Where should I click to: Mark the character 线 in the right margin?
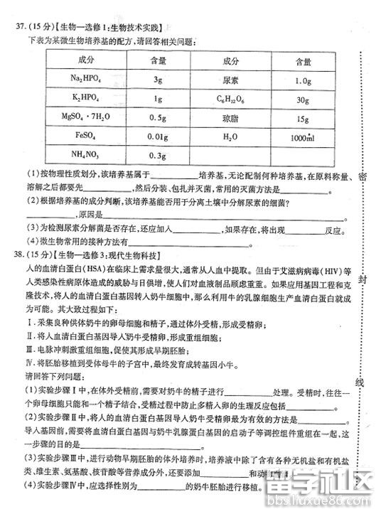point(360,383)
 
